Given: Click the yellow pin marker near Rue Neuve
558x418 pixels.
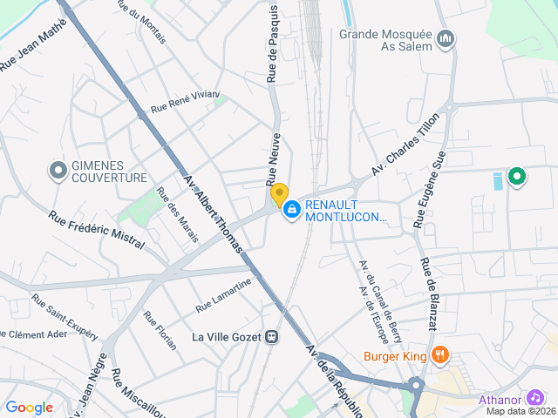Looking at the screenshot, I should [x=279, y=194].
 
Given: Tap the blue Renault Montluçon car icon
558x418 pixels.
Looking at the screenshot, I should [x=291, y=210].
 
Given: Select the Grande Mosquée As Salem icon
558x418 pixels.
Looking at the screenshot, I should [x=446, y=39].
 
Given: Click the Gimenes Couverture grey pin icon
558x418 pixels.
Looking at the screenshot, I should [x=58, y=170].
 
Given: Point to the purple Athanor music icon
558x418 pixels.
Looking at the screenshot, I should [x=535, y=398].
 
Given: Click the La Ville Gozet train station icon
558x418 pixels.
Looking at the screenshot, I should [x=273, y=336].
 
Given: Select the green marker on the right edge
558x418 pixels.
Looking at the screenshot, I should [x=517, y=178].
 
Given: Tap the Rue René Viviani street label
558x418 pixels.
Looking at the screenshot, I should [x=185, y=102].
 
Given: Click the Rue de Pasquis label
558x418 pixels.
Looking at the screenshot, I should [x=273, y=44].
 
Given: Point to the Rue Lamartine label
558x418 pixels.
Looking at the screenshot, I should [x=224, y=294].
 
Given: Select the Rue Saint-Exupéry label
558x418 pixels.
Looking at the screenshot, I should [x=65, y=316].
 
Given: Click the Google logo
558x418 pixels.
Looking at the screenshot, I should [x=29, y=407].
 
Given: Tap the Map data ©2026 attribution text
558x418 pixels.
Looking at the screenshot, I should [x=521, y=411].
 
